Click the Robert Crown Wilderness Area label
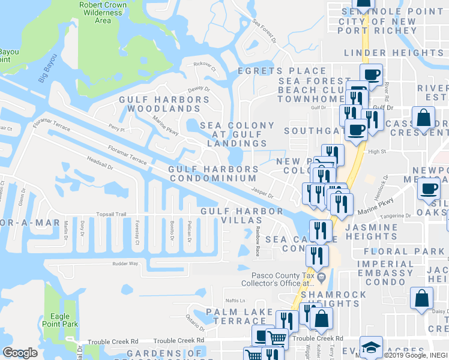pyautogui.click(x=103, y=13)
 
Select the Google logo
pyautogui.click(x=20, y=353)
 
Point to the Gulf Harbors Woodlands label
pyautogui.click(x=159, y=104)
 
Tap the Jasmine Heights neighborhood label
pyautogui.click(x=372, y=233)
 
